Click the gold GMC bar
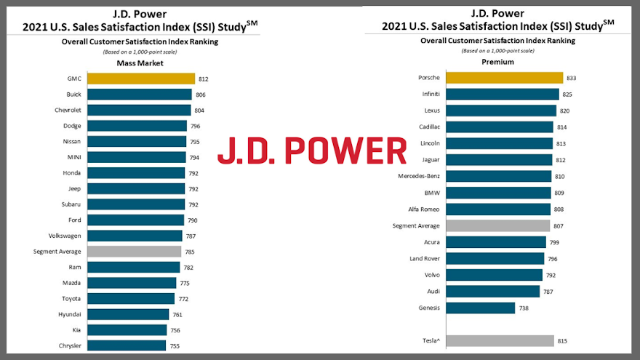pyautogui.click(x=140, y=79)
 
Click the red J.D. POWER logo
pyautogui.click(x=313, y=151)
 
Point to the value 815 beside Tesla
pyautogui.click(x=562, y=340)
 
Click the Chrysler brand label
pyautogui.click(x=70, y=346)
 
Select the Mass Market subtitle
pyautogui.click(x=140, y=63)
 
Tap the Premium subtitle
pyautogui.click(x=497, y=63)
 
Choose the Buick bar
pyautogui.click(x=139, y=95)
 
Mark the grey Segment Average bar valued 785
pyautogui.click(x=134, y=252)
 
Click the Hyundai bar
pyautogui.click(x=127, y=315)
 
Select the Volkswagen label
pyautogui.click(x=64, y=236)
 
